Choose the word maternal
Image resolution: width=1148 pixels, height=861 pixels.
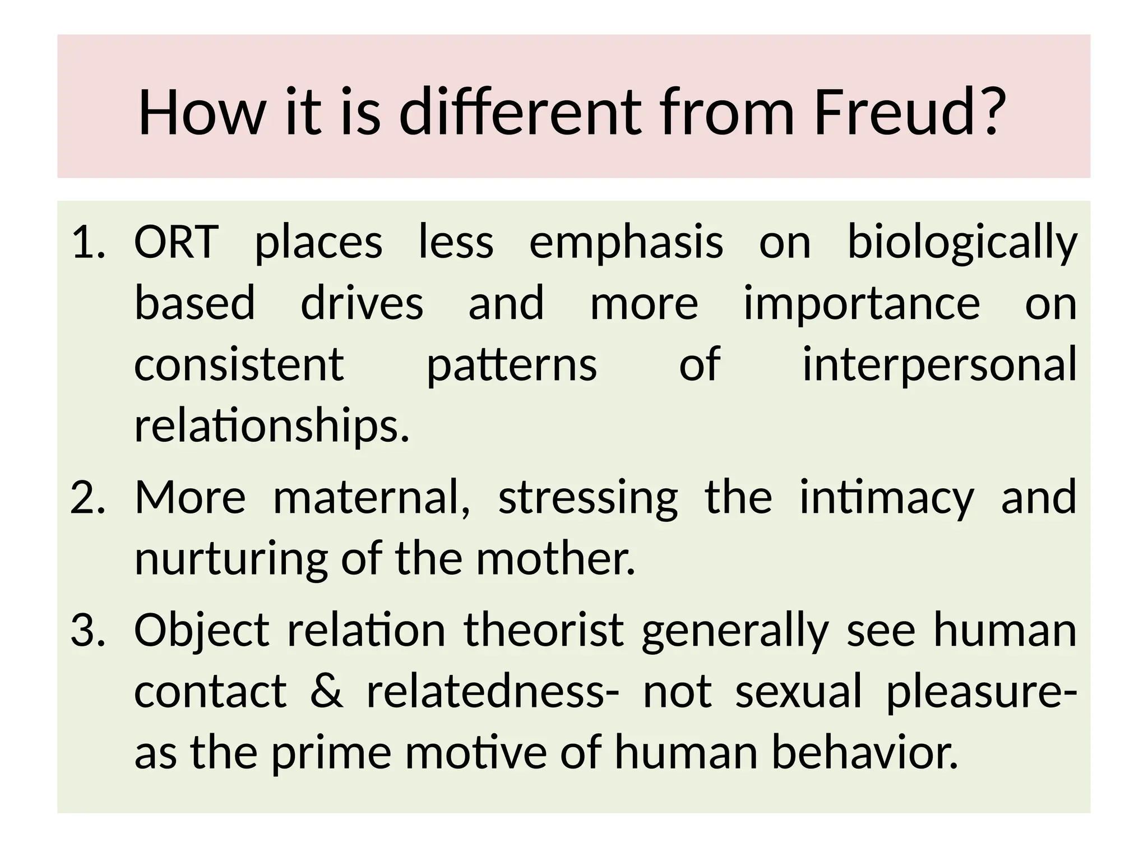[x=371, y=497]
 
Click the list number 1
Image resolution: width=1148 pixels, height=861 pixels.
[x=88, y=243]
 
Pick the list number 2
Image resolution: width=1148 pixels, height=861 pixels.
[x=88, y=498]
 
